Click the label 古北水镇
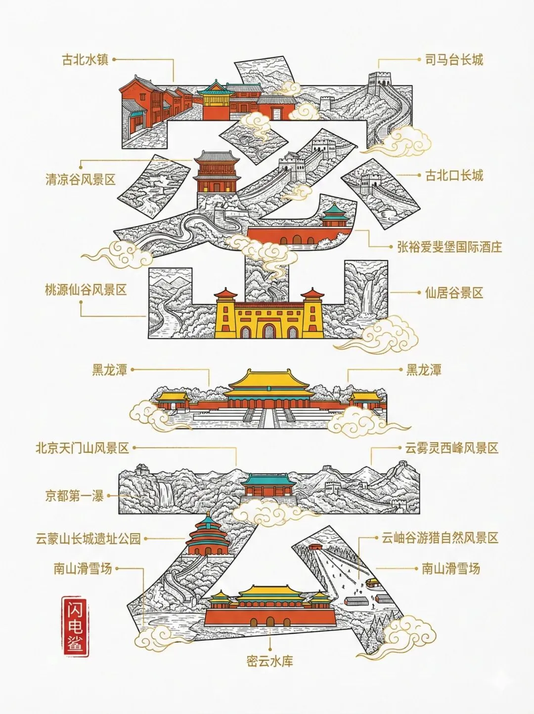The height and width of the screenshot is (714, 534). coord(85,60)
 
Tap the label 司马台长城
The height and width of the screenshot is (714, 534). coord(454,60)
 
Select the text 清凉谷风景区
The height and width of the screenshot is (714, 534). coord(80,179)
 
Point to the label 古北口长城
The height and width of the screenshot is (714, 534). coord(454,175)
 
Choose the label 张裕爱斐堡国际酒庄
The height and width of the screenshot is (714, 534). coord(449,246)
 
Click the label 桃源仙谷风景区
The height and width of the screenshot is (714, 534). coord(86,290)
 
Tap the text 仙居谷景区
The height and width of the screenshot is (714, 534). coord(454,293)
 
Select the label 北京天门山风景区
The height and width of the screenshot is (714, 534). coord(82,448)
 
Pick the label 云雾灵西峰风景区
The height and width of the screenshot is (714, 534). coord(451,448)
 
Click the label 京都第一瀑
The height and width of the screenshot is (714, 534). coord(74,495)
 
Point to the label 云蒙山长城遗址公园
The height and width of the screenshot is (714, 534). coord(88,538)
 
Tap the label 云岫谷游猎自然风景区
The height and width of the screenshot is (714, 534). coord(440,538)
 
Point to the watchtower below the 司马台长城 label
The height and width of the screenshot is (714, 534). coord(380,82)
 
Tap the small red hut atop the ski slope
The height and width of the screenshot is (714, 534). coord(315,547)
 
